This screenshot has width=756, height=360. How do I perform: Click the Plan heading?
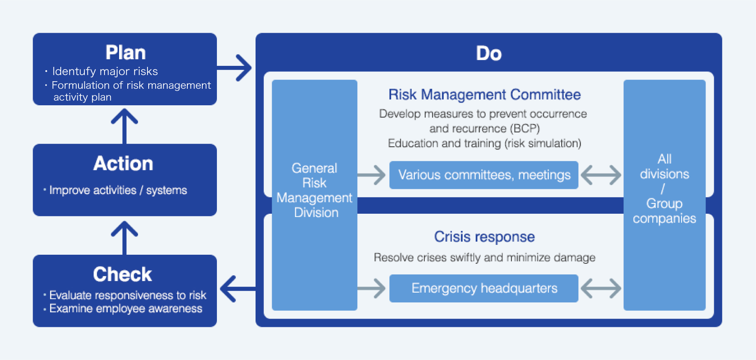pyautogui.click(x=125, y=52)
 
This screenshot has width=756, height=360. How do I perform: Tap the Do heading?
pyautogui.click(x=489, y=53)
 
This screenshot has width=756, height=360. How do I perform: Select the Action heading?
pyautogui.click(x=123, y=163)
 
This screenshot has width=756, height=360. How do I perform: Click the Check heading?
pyautogui.click(x=123, y=274)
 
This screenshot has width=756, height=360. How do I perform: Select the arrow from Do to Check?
pyautogui.click(x=238, y=289)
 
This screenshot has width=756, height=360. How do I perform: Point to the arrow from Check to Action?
pyautogui.click(x=125, y=238)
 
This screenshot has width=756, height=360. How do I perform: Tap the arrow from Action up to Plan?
pyautogui.click(x=125, y=126)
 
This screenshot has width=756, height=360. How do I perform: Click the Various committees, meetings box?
pyautogui.click(x=484, y=175)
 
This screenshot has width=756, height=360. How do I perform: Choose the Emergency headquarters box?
pyautogui.click(x=484, y=288)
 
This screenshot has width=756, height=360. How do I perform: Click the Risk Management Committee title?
pyautogui.click(x=484, y=95)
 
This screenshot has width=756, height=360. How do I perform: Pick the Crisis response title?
pyautogui.click(x=484, y=237)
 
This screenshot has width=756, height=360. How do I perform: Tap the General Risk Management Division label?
pyautogui.click(x=314, y=190)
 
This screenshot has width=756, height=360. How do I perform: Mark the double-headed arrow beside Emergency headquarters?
pyautogui.click(x=601, y=288)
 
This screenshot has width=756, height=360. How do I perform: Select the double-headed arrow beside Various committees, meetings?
pyautogui.click(x=601, y=175)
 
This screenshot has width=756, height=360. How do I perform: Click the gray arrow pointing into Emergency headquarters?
pyautogui.click(x=371, y=288)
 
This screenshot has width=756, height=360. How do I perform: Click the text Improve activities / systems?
pyautogui.click(x=118, y=190)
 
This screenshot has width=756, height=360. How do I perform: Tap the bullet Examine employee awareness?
pyautogui.click(x=126, y=308)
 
